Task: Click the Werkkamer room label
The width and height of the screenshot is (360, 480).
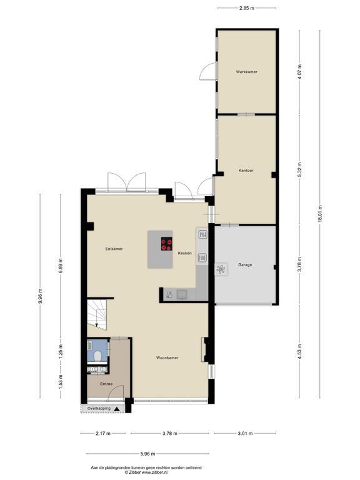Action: pyautogui.click(x=246, y=72)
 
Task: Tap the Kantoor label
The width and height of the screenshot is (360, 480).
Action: pyautogui.click(x=246, y=170)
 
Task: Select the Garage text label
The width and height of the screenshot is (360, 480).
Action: pyautogui.click(x=245, y=265)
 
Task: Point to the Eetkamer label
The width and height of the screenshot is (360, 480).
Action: pyautogui.click(x=114, y=249)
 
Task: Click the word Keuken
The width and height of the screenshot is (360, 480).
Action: pyautogui.click(x=185, y=253)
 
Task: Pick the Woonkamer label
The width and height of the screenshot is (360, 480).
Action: pyautogui.click(x=167, y=357)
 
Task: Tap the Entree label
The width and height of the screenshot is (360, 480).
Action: pyautogui.click(x=106, y=384)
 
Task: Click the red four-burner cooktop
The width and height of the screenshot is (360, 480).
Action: pyautogui.click(x=166, y=244)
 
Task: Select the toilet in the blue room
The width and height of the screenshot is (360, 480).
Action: pyautogui.click(x=98, y=356)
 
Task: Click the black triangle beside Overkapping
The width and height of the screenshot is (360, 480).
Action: pyautogui.click(x=117, y=409)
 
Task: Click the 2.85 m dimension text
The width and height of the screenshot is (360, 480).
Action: pyautogui.click(x=247, y=8)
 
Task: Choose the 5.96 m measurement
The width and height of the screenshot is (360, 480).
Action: pyautogui.click(x=147, y=454)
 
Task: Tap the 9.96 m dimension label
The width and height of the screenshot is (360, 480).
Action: pyautogui.click(x=41, y=296)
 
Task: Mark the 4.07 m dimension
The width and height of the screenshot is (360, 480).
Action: pyautogui.click(x=299, y=72)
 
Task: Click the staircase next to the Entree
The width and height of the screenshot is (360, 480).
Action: pyautogui.click(x=97, y=315)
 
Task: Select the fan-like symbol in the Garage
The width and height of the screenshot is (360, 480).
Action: pyautogui.click(x=221, y=269)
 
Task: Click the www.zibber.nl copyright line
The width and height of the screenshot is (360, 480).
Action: pyautogui.click(x=146, y=472)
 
